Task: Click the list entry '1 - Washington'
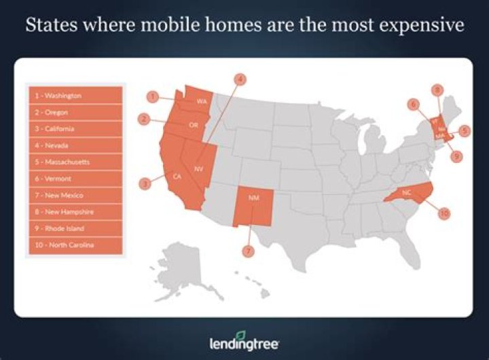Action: (75, 96)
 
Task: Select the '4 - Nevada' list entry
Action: (75, 145)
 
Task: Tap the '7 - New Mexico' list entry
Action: (75, 195)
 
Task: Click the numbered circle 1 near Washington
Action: (154, 97)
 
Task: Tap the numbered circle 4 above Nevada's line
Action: (239, 79)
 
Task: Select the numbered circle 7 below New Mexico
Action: (249, 250)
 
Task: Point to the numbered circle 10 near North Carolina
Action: (444, 213)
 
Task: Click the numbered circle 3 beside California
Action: (145, 183)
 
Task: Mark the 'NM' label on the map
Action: (253, 198)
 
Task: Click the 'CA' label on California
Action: (177, 177)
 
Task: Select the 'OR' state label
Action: (194, 125)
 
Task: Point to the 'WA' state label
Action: (202, 102)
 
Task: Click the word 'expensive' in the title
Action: (418, 26)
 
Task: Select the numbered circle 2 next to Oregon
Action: (144, 119)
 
